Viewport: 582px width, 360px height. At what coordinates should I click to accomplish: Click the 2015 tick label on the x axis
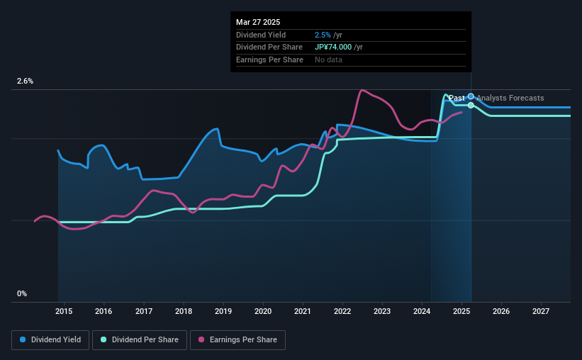click(x=64, y=311)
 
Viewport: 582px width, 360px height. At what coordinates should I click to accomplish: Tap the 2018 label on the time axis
click(x=184, y=311)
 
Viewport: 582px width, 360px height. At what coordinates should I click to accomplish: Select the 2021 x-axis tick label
click(x=303, y=311)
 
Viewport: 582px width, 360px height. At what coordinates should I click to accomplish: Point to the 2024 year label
click(x=422, y=311)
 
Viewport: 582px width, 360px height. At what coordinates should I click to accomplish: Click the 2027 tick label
click(x=541, y=311)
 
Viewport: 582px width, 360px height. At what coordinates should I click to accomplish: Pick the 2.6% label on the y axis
click(x=26, y=81)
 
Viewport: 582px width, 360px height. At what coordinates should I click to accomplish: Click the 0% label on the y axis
click(x=22, y=293)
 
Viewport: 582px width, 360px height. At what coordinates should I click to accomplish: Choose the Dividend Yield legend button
click(x=50, y=340)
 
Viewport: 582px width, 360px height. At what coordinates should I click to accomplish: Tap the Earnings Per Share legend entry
click(x=237, y=340)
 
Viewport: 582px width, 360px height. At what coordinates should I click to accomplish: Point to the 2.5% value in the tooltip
click(x=323, y=35)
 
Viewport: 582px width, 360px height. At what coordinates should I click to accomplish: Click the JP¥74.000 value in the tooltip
click(x=334, y=47)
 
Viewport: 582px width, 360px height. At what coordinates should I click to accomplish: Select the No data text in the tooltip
click(x=328, y=60)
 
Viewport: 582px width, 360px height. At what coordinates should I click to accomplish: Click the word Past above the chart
click(x=457, y=98)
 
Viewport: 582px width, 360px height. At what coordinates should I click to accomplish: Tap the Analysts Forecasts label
click(x=510, y=98)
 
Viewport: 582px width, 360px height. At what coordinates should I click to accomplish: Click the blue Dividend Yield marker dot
click(x=471, y=96)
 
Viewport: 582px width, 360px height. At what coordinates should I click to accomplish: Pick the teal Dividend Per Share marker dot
click(x=471, y=105)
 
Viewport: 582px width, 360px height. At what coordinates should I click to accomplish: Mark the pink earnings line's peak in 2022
click(x=362, y=90)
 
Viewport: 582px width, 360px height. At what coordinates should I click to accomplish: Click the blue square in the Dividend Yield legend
click(x=23, y=340)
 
